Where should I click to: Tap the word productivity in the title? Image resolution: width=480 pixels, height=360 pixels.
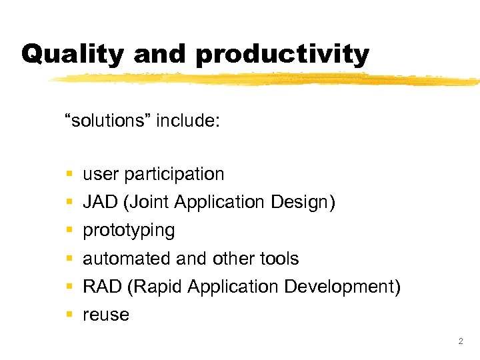[x=283, y=54]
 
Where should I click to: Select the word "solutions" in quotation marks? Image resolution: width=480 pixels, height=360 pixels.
[x=107, y=121]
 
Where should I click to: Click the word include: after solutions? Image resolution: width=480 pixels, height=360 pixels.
[x=188, y=121]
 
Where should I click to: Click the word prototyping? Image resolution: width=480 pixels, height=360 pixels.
[x=129, y=231]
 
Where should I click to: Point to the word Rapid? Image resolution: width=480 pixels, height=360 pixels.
[x=155, y=287]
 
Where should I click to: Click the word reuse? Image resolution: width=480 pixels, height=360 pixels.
[x=106, y=315]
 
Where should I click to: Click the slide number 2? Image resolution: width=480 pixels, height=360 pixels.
[x=460, y=341]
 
